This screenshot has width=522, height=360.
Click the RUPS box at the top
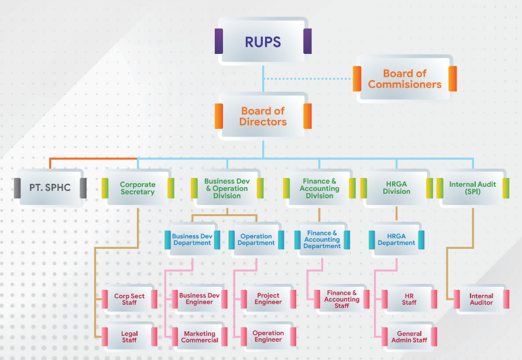click(263, 42)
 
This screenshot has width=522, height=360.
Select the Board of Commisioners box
click(404, 79)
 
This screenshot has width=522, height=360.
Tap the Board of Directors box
click(263, 116)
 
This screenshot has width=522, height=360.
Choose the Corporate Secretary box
click(138, 188)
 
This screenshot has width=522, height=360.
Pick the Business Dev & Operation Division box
click(227, 188)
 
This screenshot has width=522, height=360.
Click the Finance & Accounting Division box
click(320, 188)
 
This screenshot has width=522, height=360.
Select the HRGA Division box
click(396, 188)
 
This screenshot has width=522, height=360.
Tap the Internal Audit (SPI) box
click(472, 188)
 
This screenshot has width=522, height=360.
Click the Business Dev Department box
click(192, 240)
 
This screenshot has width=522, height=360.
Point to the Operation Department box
click(256, 240)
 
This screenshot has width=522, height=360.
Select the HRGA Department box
click(396, 240)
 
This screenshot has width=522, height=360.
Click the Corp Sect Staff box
click(129, 299)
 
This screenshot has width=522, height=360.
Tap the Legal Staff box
click(129, 337)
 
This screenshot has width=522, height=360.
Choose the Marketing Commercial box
click(200, 337)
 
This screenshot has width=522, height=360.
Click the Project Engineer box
click(268, 299)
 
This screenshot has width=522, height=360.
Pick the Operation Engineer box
click(268, 337)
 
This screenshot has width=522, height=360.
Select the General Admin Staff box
click(409, 337)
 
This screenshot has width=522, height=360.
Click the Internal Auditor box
click(481, 299)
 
